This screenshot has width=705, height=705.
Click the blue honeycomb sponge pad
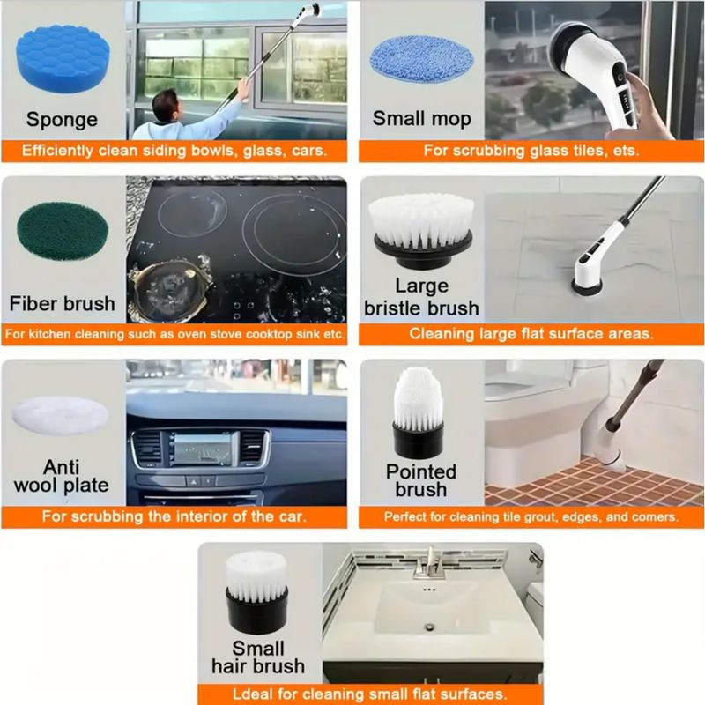click(63, 58)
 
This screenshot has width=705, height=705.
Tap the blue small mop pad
click(422, 59)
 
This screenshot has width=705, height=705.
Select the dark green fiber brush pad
click(63, 232)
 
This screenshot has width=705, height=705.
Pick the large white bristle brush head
click(422, 230)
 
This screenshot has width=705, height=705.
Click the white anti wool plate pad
click(60, 416)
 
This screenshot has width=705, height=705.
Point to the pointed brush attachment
click(419, 412)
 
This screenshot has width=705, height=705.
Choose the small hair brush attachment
click(256, 592)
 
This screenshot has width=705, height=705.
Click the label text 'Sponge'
click(62, 120)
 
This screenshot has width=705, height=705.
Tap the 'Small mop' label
click(422, 119)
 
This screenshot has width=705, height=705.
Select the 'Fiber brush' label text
click(62, 304)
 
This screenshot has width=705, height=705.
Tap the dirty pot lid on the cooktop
click(167, 291)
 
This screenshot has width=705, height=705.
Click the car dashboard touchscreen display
click(202, 449)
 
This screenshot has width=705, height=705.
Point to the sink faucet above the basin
click(429, 563)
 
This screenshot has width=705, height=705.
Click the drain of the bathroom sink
click(430, 626)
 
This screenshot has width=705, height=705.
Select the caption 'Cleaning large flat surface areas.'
click(531, 334)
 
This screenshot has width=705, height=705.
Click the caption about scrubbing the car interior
click(174, 516)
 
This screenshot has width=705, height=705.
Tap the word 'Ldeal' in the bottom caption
click(252, 694)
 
